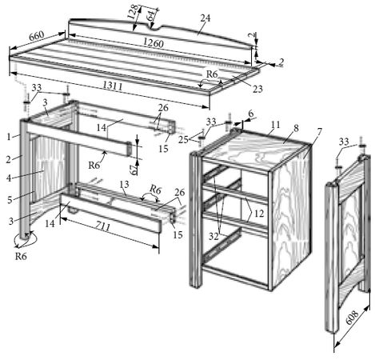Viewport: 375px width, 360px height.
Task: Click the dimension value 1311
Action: (113, 86)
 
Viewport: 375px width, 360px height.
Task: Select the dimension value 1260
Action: (154, 42)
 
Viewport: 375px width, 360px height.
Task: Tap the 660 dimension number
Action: (36, 36)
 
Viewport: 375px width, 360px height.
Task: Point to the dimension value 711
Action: (103, 227)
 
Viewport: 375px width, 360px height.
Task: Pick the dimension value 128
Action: (134, 12)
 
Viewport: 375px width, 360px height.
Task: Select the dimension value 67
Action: (135, 169)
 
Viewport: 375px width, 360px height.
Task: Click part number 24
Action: (205, 18)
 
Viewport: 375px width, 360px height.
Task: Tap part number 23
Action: (257, 89)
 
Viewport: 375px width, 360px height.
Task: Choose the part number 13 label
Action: (124, 184)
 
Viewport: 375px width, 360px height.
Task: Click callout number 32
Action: (213, 236)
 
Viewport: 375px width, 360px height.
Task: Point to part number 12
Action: (259, 214)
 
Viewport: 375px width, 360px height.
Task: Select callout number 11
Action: (275, 124)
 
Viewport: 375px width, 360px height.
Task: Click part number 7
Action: (319, 131)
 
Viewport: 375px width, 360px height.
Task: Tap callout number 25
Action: (183, 139)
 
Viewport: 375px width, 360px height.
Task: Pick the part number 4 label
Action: (9, 178)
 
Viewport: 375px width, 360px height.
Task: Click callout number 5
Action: (10, 200)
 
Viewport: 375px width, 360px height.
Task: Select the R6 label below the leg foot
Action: (21, 256)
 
